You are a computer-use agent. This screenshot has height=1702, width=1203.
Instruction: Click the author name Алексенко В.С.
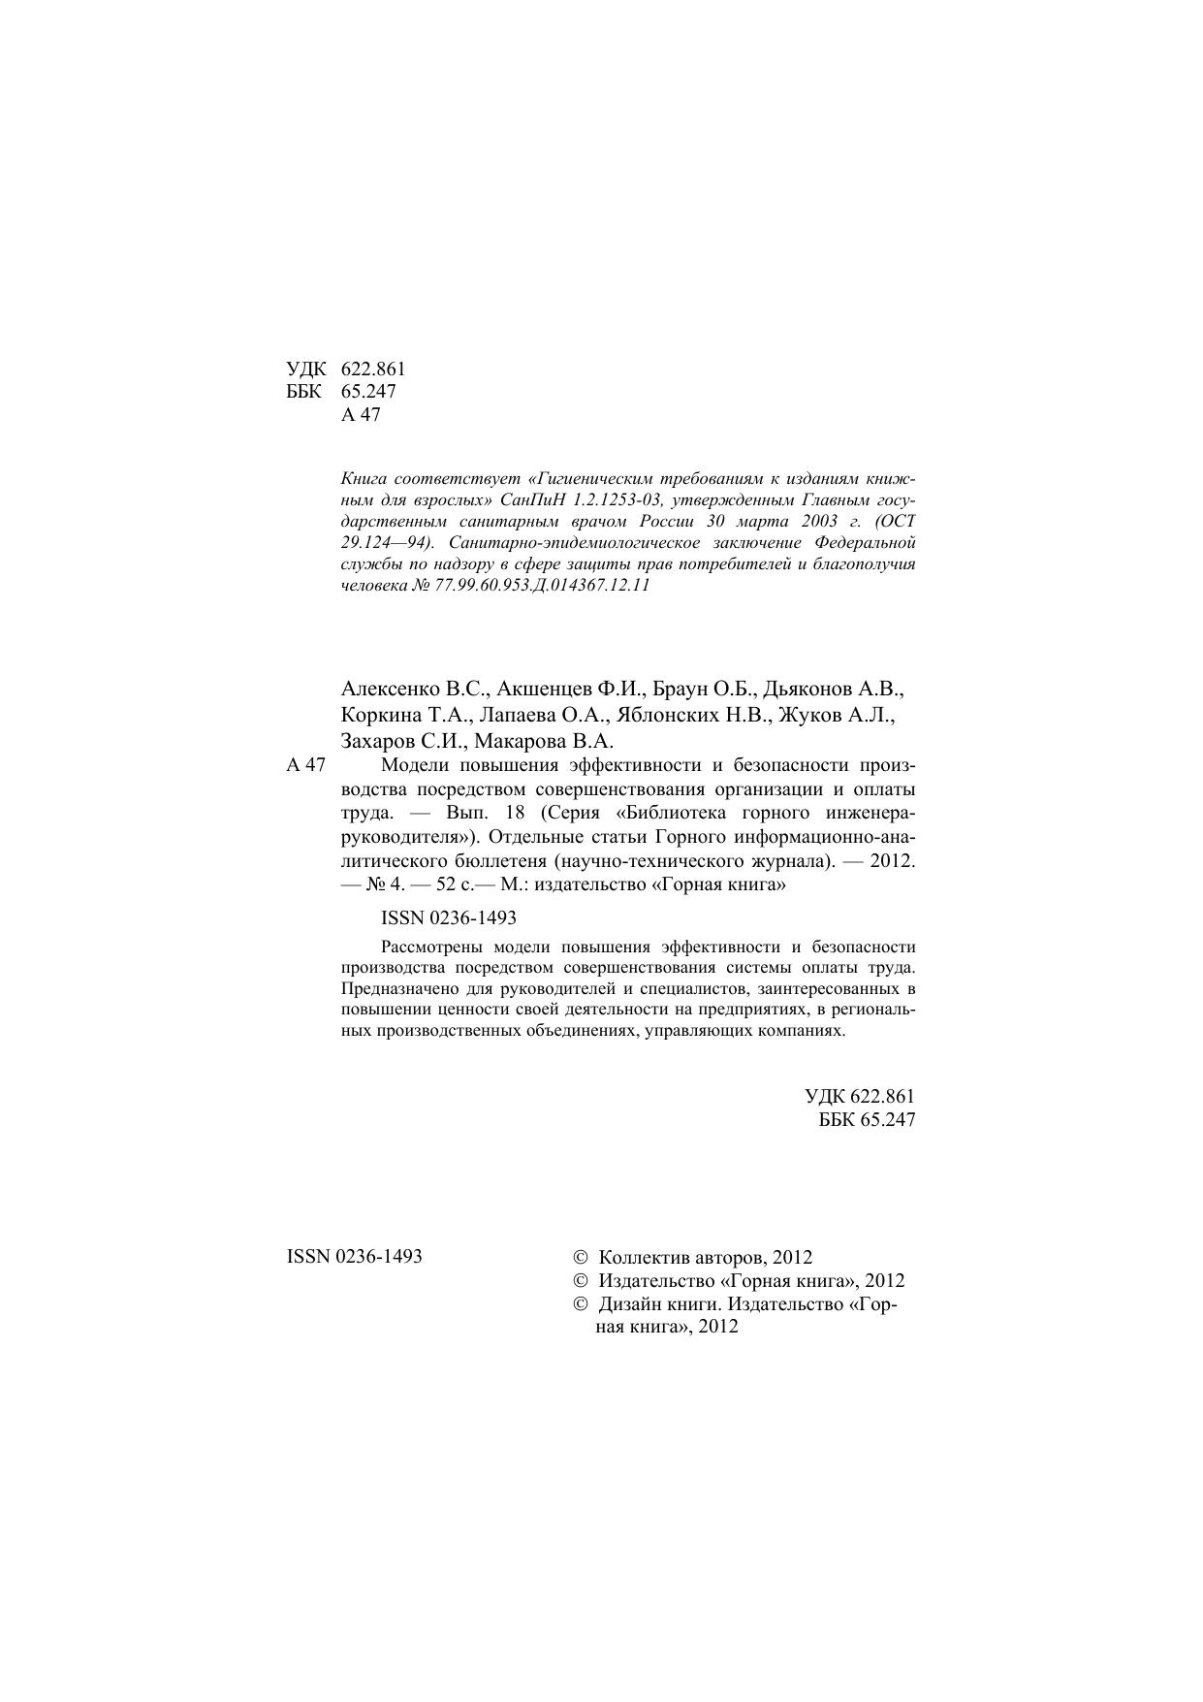coord(418,690)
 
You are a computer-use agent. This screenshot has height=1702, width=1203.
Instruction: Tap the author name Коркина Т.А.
coord(405,716)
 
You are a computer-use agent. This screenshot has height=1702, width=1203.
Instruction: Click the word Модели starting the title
coord(413,765)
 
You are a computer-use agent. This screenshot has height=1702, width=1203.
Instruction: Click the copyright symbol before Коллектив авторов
coord(582,1258)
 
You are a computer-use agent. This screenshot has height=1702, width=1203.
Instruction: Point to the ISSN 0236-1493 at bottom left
coord(355,1257)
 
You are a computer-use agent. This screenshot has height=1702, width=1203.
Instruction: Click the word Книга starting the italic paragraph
coord(364,479)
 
